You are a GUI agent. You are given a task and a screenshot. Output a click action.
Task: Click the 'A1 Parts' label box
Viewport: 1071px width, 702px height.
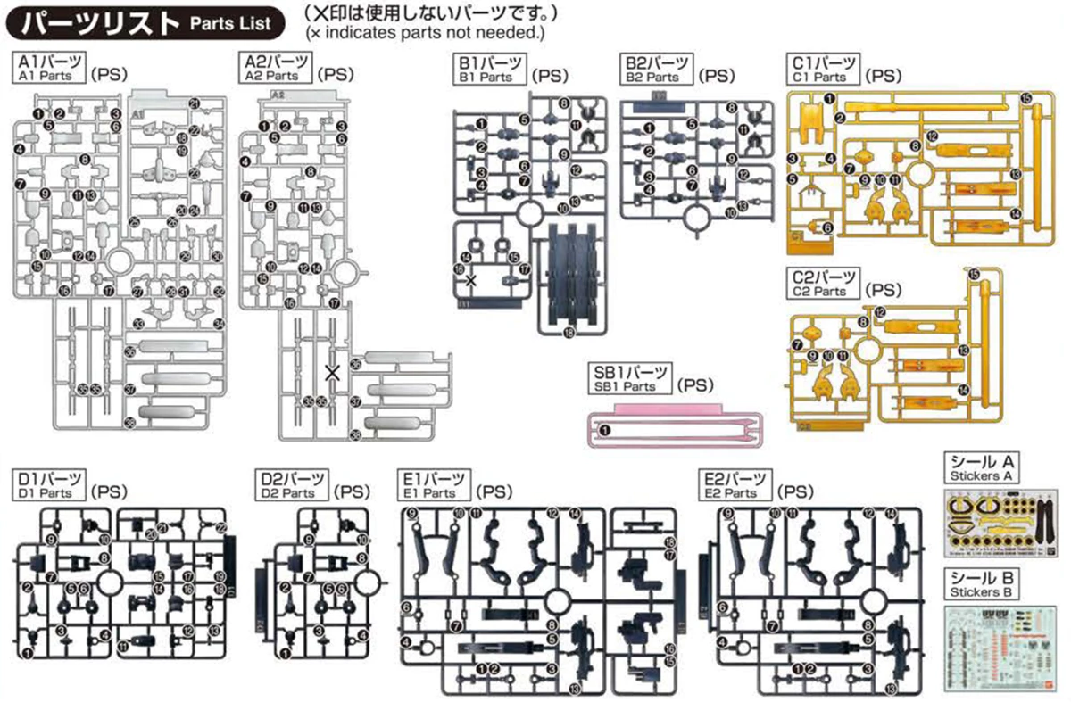pos(50,69)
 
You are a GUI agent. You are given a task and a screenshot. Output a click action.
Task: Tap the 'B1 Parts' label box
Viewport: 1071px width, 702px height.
pos(490,69)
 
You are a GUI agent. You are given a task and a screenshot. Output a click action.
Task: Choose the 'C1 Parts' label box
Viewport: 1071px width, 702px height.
pos(826,69)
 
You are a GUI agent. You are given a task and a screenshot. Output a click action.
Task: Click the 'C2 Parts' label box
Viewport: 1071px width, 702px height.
pos(825,284)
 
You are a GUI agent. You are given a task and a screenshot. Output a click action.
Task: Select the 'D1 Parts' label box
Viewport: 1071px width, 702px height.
pos(50,485)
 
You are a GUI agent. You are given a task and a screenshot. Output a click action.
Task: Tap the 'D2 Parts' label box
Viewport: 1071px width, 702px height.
pos(291,485)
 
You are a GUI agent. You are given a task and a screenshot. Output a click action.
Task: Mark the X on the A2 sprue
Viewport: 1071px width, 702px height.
pos(332,373)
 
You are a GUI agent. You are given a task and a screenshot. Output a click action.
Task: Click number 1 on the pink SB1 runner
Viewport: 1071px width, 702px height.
pos(604,430)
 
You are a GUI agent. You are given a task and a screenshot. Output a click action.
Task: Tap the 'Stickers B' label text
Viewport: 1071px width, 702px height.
pos(981,592)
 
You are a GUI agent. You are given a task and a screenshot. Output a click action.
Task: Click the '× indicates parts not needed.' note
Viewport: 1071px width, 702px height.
pos(424,33)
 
